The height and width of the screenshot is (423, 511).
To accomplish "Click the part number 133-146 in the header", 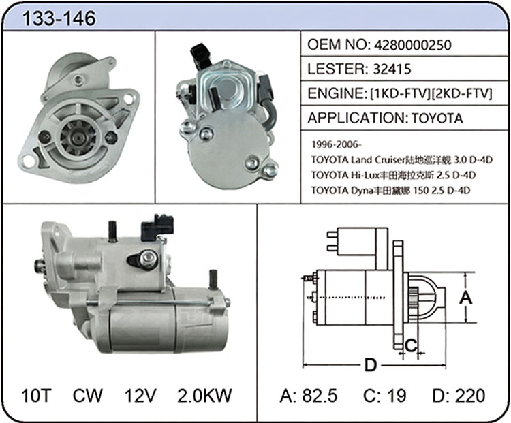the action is pos(59,18).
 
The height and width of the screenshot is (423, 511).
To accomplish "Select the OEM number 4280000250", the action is pos(413,45).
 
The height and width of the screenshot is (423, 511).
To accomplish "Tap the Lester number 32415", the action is pos(392,69).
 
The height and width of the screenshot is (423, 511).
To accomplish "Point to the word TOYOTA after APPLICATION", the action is pos(437,118).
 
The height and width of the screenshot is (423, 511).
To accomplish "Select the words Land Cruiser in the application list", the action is pos(377,159).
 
